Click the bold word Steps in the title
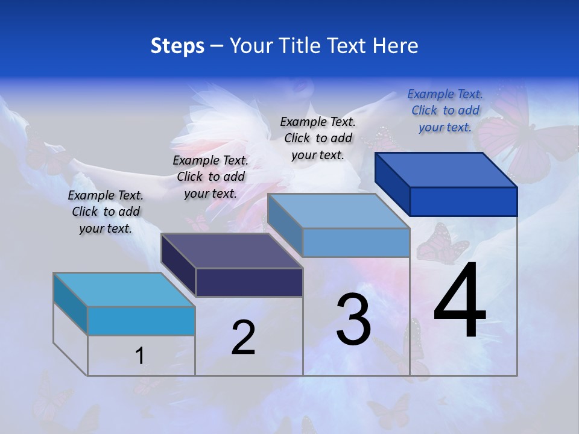pyautogui.click(x=177, y=46)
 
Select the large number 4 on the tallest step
pyautogui.click(x=460, y=301)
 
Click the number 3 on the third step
pyautogui.click(x=353, y=319)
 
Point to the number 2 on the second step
pyautogui.click(x=244, y=338)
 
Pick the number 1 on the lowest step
pyautogui.click(x=139, y=356)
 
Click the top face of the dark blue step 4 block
pyautogui.click(x=445, y=170)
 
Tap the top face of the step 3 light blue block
pyautogui.click(x=338, y=211)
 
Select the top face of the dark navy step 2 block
pyautogui.click(x=232, y=251)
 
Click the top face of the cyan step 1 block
pyautogui.click(x=124, y=290)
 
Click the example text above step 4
pyautogui.click(x=445, y=110)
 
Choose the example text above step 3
pyautogui.click(x=318, y=138)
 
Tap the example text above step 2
pyautogui.click(x=210, y=177)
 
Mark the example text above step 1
pyautogui.click(x=106, y=212)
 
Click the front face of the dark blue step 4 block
pyautogui.click(x=463, y=201)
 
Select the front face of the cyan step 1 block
pyautogui.click(x=141, y=321)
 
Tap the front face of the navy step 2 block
pyautogui.click(x=249, y=282)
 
